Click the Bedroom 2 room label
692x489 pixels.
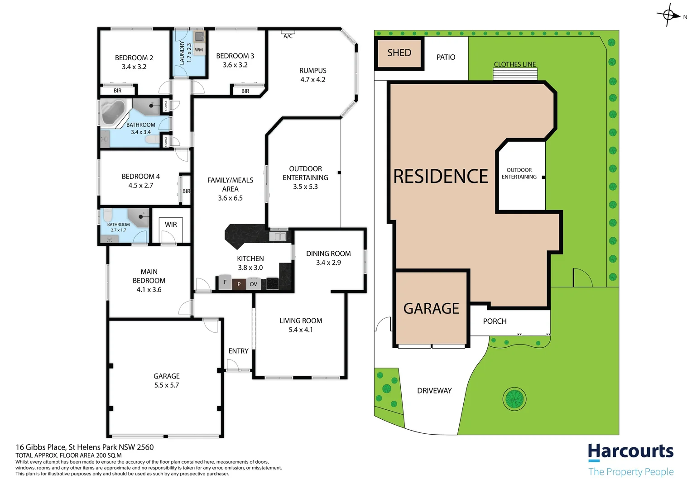(134, 58)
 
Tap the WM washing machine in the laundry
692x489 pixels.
(199, 50)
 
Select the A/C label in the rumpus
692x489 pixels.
(288, 36)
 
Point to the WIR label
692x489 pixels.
(171, 225)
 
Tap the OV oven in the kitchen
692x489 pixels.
(253, 284)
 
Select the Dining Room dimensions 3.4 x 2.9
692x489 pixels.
(328, 263)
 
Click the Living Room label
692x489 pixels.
(301, 321)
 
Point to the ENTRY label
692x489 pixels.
(238, 351)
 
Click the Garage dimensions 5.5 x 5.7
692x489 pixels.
(166, 385)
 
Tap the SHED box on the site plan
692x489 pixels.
(399, 53)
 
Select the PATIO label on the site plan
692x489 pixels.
(446, 57)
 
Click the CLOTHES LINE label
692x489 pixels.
(514, 64)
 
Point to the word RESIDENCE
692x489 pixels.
(441, 176)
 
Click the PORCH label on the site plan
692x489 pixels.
(495, 321)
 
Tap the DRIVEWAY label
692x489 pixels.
(434, 391)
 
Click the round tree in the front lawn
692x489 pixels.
(514, 399)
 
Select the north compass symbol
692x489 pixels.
(669, 15)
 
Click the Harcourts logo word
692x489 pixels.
(630, 451)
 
